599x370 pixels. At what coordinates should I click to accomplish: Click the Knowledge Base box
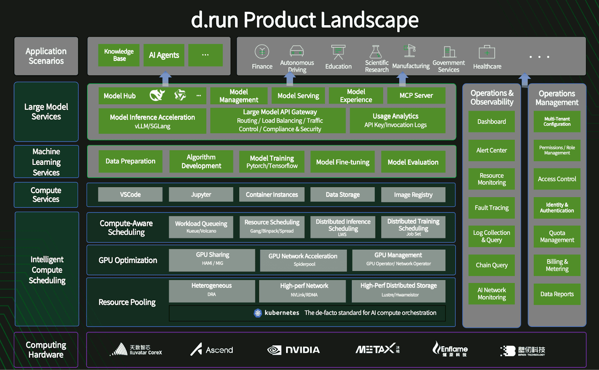click(119, 55)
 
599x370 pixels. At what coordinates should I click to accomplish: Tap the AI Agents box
click(164, 55)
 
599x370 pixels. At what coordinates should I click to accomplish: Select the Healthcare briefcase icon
click(487, 52)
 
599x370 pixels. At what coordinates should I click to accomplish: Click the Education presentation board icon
click(338, 52)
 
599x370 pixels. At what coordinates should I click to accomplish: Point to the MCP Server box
click(416, 96)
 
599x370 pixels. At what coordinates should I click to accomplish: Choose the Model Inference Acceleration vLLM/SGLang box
click(152, 121)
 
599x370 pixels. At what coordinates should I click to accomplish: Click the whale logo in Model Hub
click(157, 95)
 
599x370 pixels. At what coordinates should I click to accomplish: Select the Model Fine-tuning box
click(343, 162)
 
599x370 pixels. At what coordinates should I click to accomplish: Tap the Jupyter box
click(201, 195)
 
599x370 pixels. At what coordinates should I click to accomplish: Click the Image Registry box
click(413, 195)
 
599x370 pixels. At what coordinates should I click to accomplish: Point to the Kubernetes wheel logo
click(258, 313)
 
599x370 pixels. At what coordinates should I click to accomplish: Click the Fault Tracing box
click(492, 208)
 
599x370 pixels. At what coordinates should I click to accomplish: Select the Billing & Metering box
click(557, 265)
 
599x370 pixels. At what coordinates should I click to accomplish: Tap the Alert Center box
click(492, 150)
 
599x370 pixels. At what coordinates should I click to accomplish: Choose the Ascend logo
click(212, 350)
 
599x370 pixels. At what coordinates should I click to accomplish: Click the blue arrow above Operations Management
click(524, 79)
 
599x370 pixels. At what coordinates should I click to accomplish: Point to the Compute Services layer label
click(46, 195)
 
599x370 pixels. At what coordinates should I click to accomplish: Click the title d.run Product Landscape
click(304, 19)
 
